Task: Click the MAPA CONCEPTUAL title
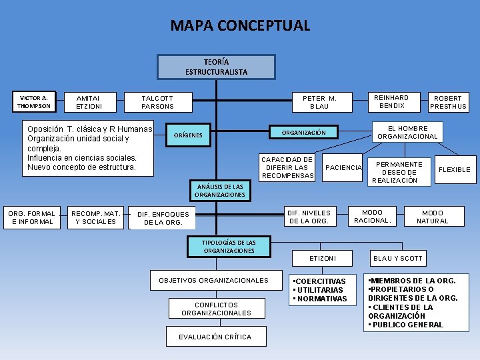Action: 240,26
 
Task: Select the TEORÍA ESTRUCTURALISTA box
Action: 216,67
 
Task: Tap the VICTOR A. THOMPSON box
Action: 33,101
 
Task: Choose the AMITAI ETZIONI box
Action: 89,102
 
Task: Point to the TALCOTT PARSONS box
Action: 157,102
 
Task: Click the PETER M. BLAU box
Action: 319,102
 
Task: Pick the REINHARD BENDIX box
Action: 392,101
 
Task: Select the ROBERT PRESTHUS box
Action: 448,102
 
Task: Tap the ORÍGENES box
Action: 188,135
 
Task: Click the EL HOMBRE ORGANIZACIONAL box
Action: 407,132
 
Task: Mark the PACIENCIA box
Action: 343,168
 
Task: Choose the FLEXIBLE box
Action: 454,169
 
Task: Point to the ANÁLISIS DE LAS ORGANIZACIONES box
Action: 220,191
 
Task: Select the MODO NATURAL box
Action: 432,217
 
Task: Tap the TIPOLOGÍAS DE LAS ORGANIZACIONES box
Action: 229,246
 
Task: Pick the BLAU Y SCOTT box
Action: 398,258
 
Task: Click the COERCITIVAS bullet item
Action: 321,281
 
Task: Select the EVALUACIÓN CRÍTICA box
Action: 215,337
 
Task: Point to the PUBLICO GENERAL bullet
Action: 406,325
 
